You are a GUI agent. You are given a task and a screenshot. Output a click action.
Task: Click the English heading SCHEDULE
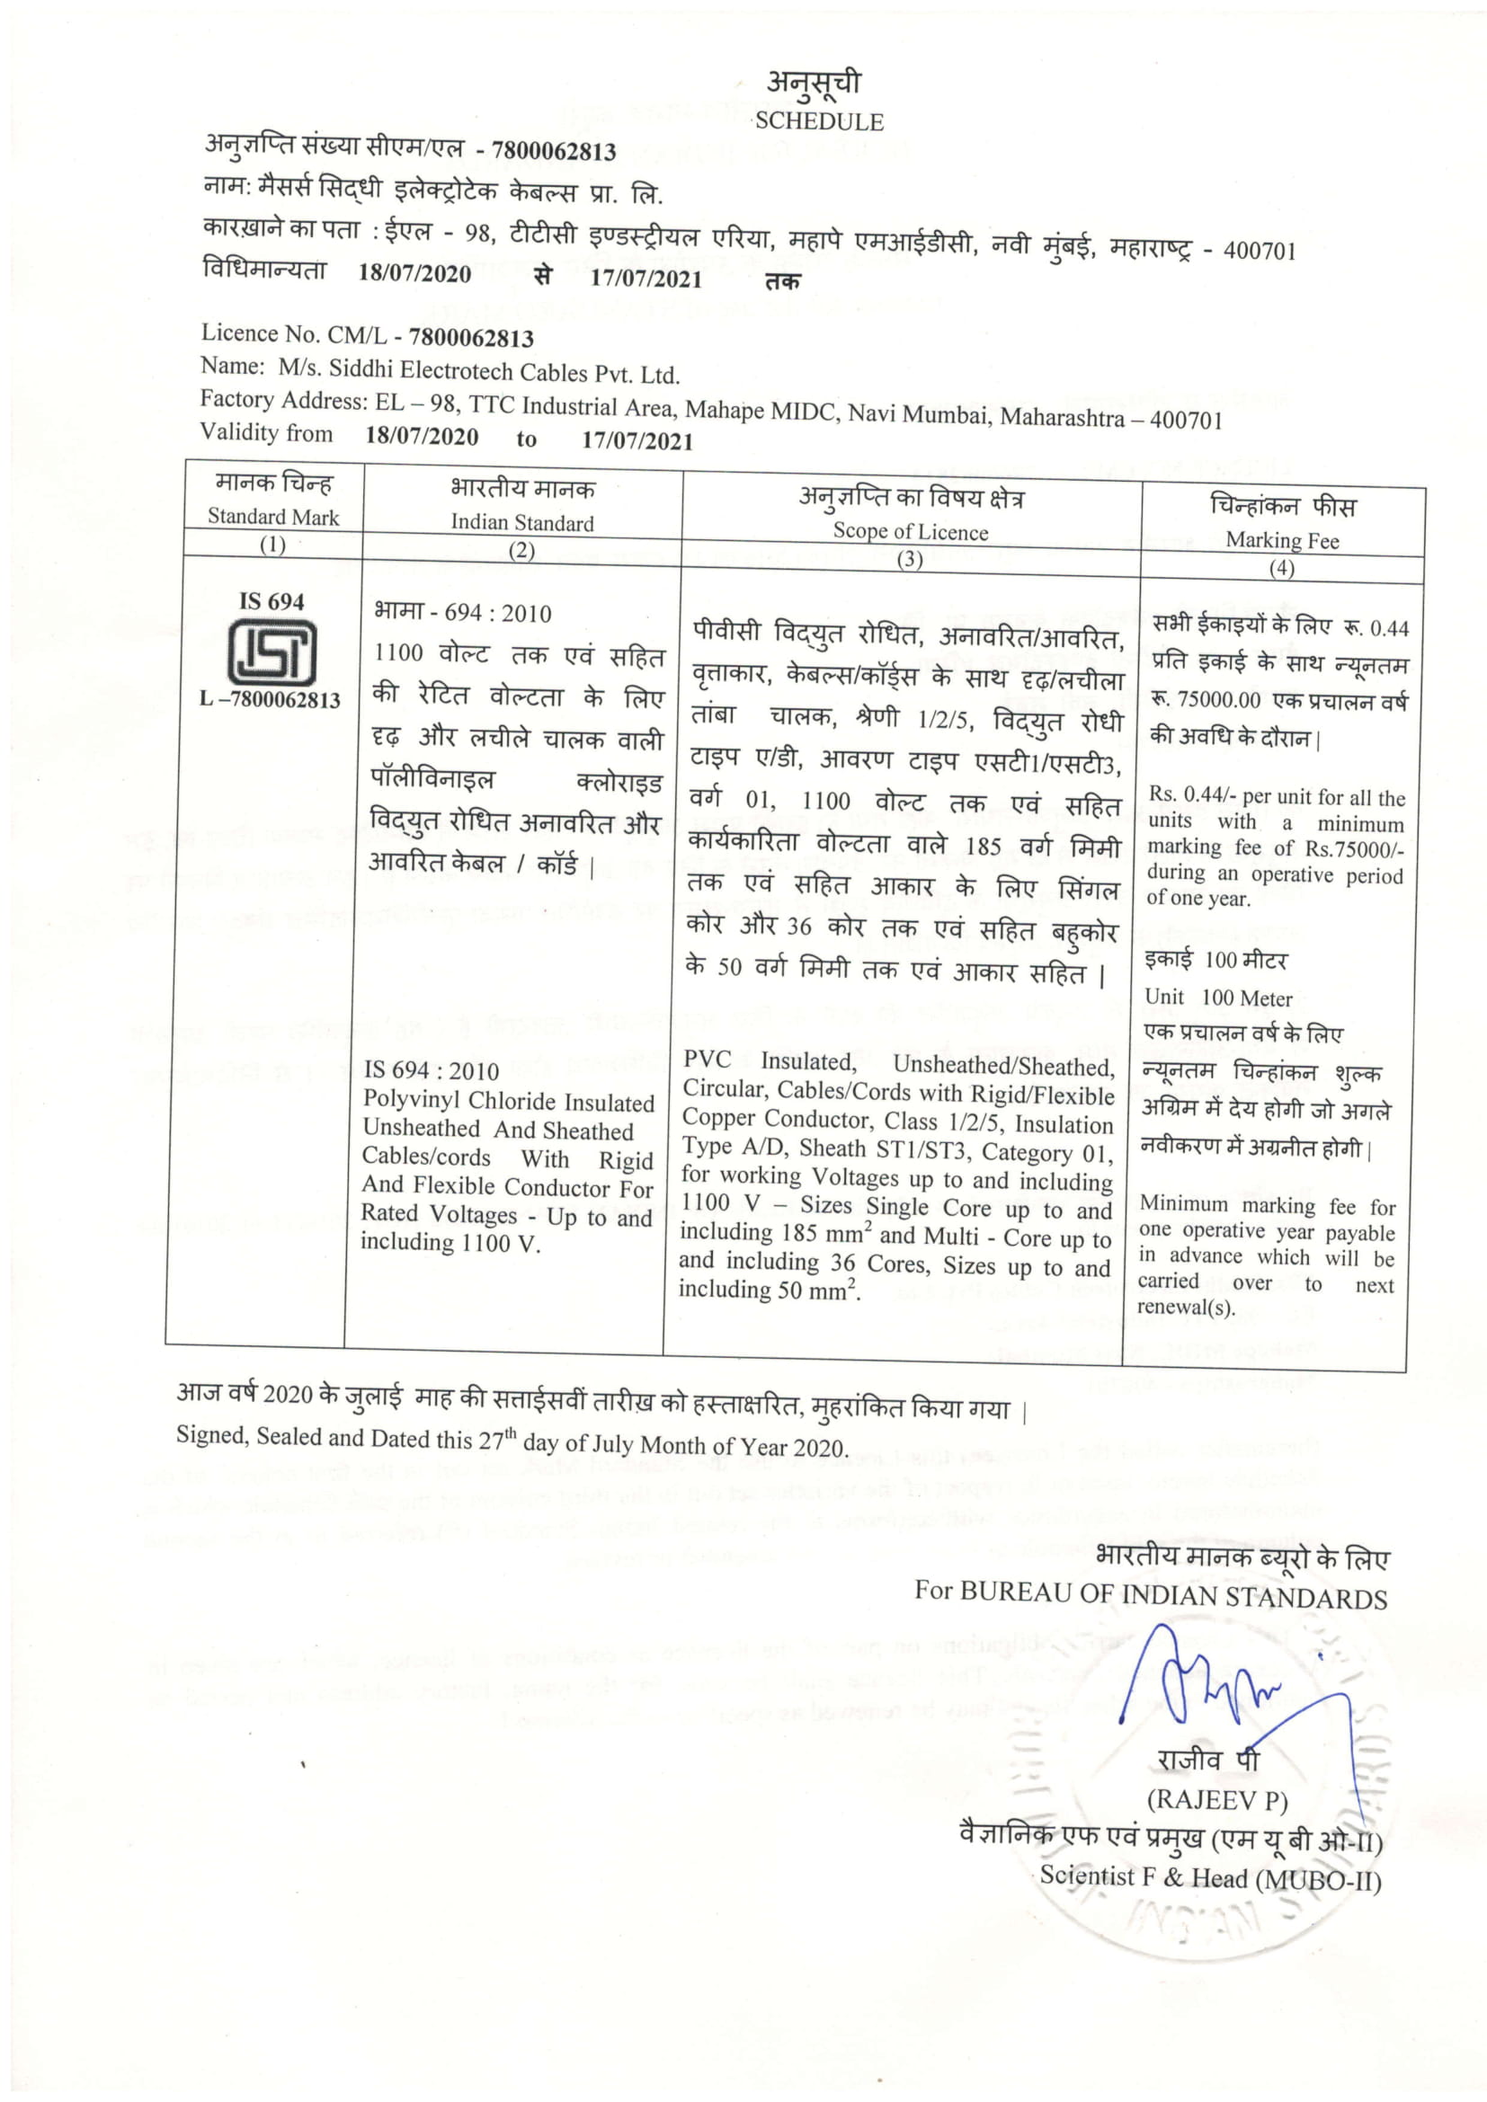coord(819,121)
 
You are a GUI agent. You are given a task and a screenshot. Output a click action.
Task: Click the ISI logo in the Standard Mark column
coord(271,652)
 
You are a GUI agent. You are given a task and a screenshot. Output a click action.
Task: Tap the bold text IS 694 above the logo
coord(271,601)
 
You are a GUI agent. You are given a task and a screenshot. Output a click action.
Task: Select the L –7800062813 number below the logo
coord(270,699)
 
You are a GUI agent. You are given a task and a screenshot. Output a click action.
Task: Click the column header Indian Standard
coord(522,523)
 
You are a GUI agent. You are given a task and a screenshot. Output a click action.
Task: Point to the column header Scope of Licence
coord(910,532)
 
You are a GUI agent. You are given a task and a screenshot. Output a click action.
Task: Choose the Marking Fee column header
coord(1282,540)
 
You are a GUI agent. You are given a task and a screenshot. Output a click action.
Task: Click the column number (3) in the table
coord(909,558)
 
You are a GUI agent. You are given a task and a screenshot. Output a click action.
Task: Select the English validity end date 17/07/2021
coord(637,440)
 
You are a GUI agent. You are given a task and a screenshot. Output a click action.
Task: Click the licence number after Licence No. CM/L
coord(470,339)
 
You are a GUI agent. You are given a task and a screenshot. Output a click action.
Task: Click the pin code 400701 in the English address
coord(1186,421)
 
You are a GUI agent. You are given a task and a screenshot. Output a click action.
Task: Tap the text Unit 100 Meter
coord(1218,998)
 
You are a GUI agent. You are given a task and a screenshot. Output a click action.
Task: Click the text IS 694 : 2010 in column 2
coord(432,1070)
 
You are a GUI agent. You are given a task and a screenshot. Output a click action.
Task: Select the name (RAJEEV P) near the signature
coord(1217,1800)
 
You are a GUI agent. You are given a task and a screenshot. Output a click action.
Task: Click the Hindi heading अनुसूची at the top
coord(813,84)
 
